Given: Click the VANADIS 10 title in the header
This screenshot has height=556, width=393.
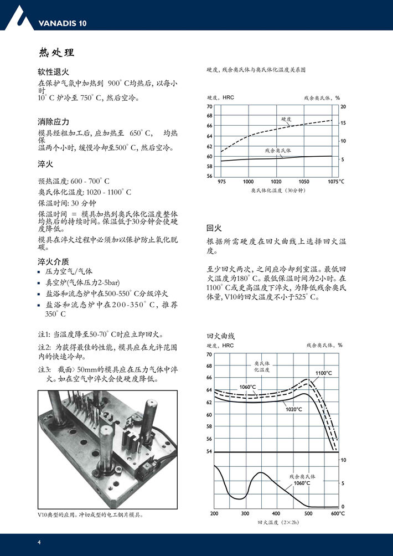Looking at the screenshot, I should click(x=63, y=23).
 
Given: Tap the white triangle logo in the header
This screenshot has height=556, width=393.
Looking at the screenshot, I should click(x=18, y=17).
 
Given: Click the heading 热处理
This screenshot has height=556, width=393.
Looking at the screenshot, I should click(x=56, y=53).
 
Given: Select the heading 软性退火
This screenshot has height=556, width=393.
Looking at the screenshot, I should click(x=53, y=72).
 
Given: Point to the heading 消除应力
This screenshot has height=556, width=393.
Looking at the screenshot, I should click(x=53, y=121).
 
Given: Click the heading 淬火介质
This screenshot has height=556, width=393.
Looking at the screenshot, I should click(x=53, y=261).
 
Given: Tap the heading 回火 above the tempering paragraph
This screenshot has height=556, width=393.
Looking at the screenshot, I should click(x=214, y=228).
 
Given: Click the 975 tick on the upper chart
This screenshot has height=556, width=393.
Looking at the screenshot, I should click(x=221, y=182).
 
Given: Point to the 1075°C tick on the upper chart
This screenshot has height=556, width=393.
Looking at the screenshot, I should click(x=335, y=182).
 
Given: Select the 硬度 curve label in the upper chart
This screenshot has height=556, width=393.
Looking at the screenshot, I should click(x=286, y=119).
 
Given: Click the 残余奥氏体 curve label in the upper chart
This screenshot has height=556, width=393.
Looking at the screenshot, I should click(x=278, y=151).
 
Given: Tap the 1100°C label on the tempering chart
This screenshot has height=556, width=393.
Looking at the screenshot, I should click(x=323, y=373).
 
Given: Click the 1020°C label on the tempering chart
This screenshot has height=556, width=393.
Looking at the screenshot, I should click(x=293, y=409).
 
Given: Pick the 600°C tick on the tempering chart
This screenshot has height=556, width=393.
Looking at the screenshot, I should click(x=338, y=514).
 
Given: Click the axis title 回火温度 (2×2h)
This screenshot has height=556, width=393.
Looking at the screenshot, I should click(x=278, y=522).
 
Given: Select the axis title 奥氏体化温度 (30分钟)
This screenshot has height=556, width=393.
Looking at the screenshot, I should click(x=278, y=191).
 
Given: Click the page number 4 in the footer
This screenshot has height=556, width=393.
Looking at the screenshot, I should click(x=39, y=542).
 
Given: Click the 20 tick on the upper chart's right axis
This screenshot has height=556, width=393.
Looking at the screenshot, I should click(x=343, y=106).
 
